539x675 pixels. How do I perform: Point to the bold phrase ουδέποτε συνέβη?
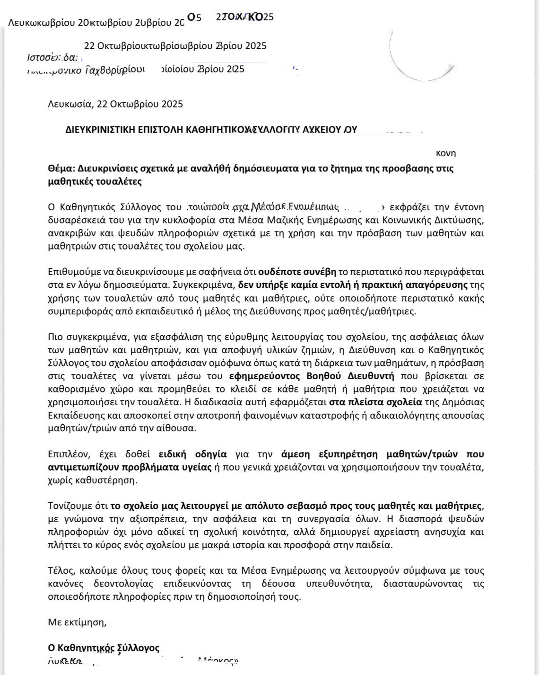pyautogui.click(x=296, y=272)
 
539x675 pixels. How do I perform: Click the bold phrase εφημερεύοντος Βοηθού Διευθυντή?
pyautogui.click(x=312, y=376)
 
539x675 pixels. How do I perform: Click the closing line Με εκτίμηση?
pyautogui.click(x=77, y=622)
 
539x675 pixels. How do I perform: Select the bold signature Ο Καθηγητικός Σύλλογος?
pyautogui.click(x=104, y=648)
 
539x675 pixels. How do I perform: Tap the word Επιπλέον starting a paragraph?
pyautogui.click(x=69, y=454)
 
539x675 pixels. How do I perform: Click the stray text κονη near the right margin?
pyautogui.click(x=445, y=153)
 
